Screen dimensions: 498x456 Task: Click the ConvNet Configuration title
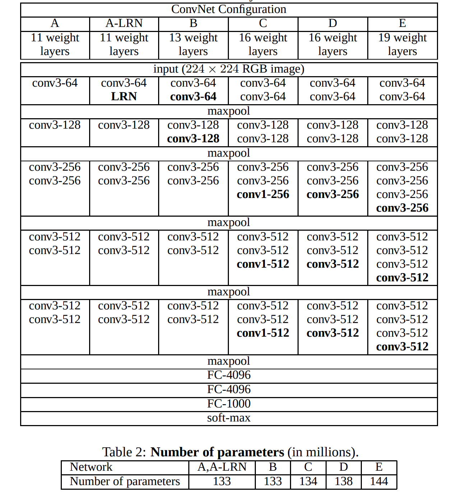[229, 9]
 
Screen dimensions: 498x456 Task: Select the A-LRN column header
[124, 23]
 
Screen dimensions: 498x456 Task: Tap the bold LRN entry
[124, 97]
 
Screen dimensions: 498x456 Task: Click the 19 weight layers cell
[402, 44]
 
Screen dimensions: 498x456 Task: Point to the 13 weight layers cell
[193, 44]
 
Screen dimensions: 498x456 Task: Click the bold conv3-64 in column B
[193, 97]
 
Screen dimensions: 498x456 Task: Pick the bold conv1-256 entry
[263, 194]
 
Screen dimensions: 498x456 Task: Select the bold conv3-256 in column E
[402, 208]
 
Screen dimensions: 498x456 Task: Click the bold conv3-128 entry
[193, 139]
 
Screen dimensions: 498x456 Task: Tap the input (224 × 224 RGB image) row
[229, 69]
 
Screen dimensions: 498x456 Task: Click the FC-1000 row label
[229, 404]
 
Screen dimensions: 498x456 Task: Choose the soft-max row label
[229, 418]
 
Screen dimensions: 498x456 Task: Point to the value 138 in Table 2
[344, 481]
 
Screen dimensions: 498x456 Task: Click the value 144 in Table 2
[379, 481]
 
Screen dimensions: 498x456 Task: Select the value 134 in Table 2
[308, 481]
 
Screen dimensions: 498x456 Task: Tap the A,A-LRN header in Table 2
[222, 467]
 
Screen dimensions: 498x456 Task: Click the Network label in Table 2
[91, 467]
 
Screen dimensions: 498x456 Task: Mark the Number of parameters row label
[125, 481]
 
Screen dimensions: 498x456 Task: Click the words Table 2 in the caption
[124, 452]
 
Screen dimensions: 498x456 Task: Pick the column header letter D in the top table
[333, 23]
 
